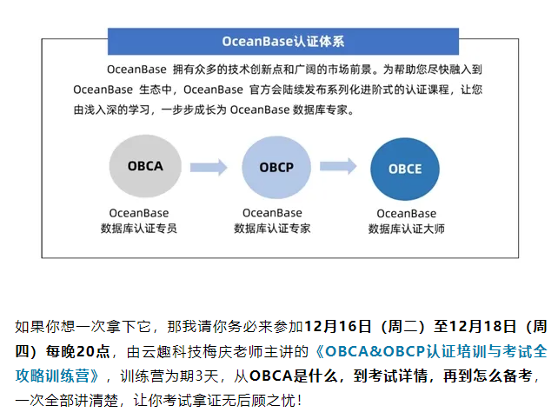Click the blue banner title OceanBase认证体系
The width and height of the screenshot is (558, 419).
(x=283, y=42)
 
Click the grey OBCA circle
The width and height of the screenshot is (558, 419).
(x=145, y=166)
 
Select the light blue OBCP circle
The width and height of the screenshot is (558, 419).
(x=276, y=167)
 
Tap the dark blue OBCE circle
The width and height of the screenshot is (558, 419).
(x=405, y=170)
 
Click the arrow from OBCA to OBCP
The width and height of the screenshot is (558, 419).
(x=209, y=167)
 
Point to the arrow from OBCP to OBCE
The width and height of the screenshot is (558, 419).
(x=338, y=166)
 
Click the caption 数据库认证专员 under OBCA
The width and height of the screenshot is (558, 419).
(x=139, y=228)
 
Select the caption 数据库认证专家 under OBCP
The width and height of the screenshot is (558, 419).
(x=272, y=228)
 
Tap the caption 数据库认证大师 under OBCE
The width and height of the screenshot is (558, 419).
(x=407, y=229)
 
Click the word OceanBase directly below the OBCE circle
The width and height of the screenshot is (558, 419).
(x=407, y=213)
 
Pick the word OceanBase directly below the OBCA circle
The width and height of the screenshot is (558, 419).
(x=139, y=213)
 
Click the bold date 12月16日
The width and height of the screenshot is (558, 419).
(x=338, y=327)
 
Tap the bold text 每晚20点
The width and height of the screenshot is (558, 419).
(x=77, y=351)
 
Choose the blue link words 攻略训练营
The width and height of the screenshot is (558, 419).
(x=52, y=376)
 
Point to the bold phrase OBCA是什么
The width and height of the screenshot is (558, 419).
(x=294, y=376)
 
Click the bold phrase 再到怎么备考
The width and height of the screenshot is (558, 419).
(x=488, y=376)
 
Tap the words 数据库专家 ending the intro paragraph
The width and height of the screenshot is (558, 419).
(x=320, y=110)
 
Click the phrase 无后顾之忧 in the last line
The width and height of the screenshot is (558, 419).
(x=259, y=401)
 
